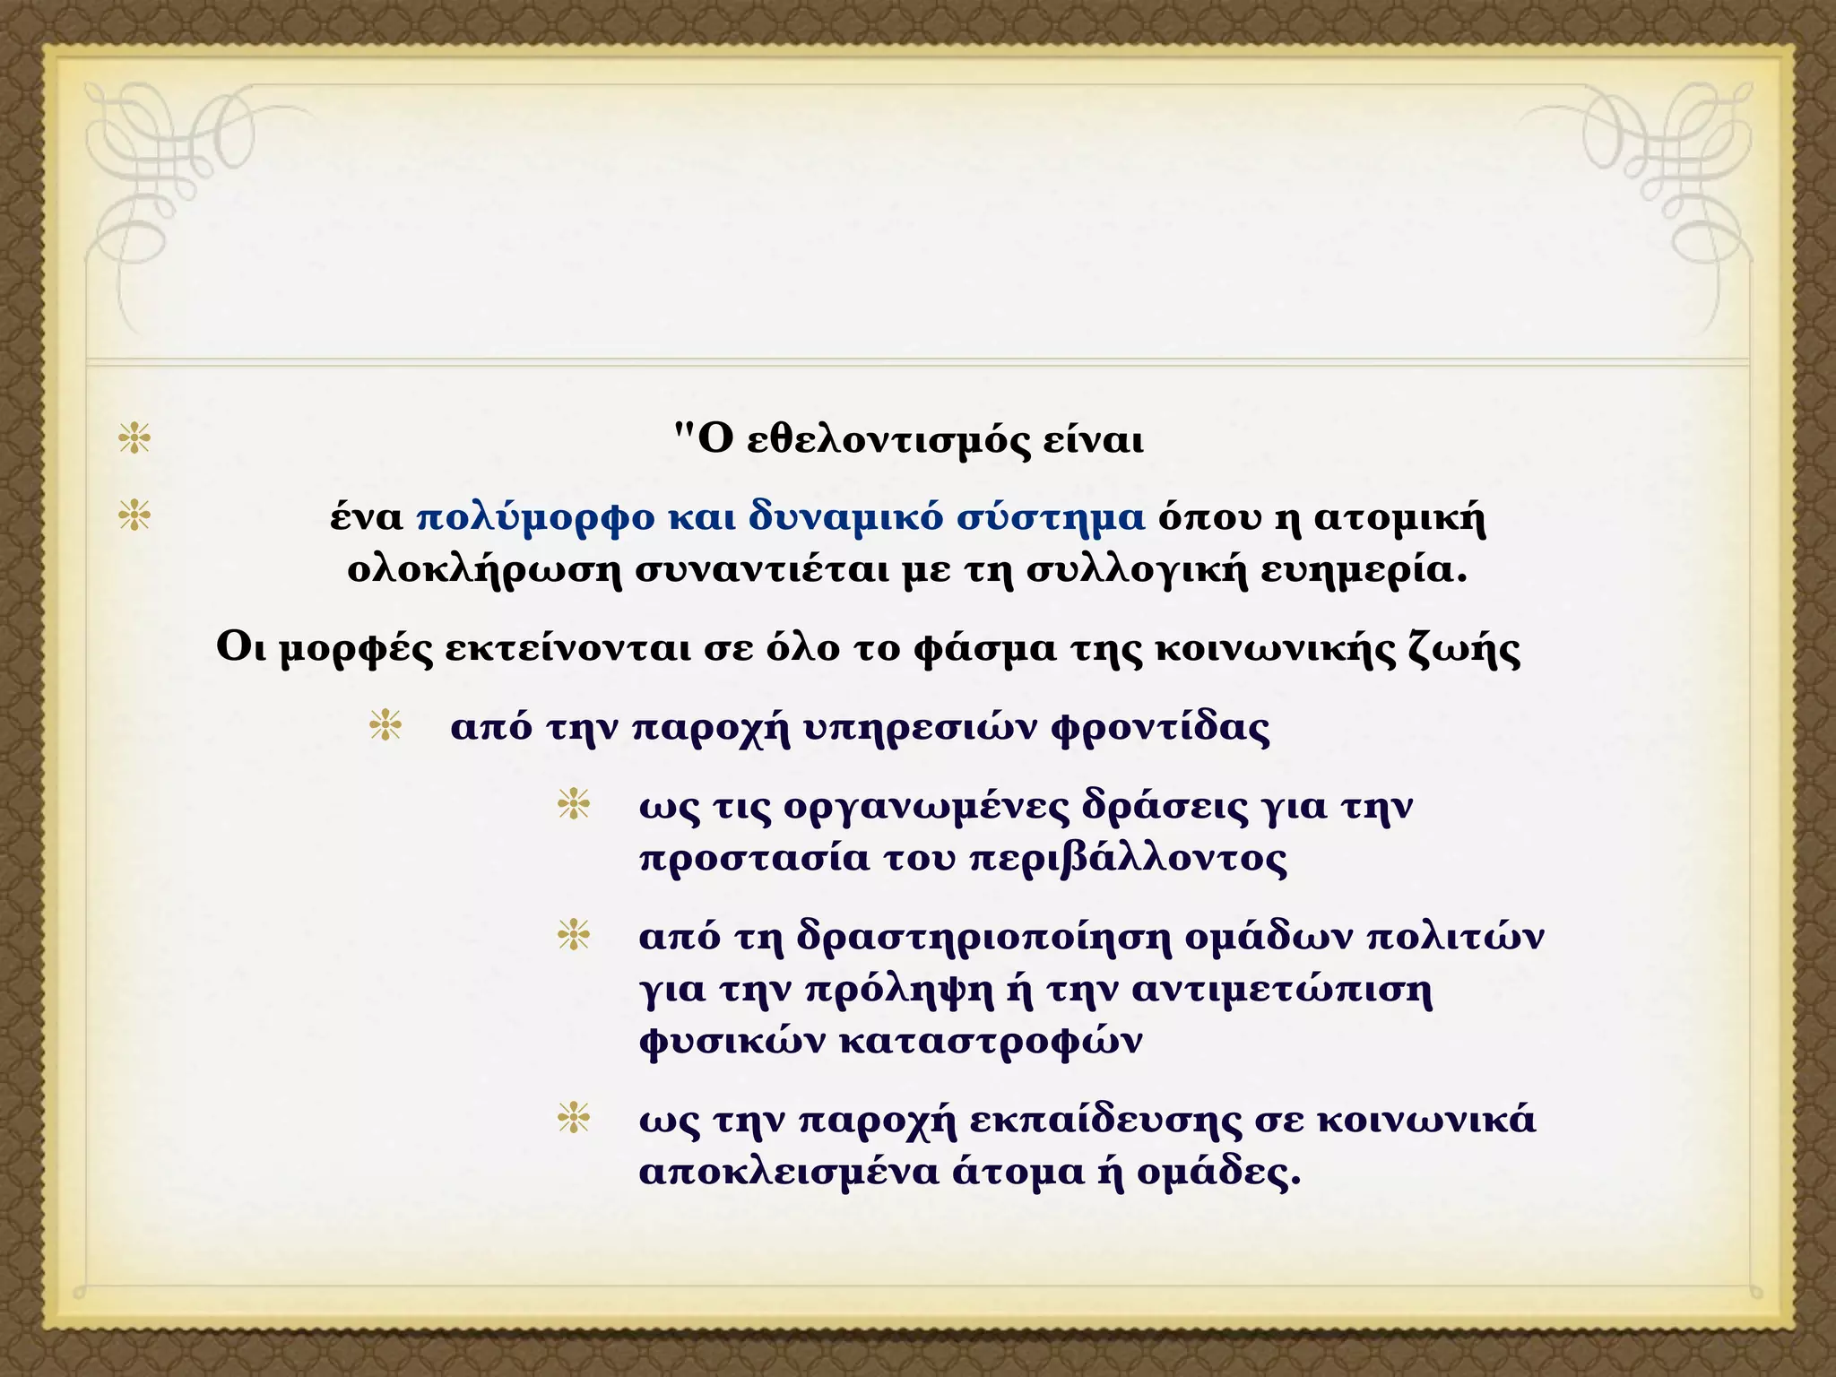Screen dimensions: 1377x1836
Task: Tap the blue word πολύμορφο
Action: [535, 519]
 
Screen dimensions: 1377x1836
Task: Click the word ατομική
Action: [1399, 519]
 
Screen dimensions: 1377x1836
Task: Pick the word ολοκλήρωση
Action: [484, 571]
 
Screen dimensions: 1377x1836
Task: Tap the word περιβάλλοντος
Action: [1130, 859]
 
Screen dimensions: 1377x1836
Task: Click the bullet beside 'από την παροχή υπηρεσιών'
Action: [385, 725]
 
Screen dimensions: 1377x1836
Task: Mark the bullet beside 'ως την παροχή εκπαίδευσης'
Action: [574, 1118]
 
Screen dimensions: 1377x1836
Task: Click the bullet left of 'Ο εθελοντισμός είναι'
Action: [134, 439]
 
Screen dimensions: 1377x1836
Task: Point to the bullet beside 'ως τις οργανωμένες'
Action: [574, 804]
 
